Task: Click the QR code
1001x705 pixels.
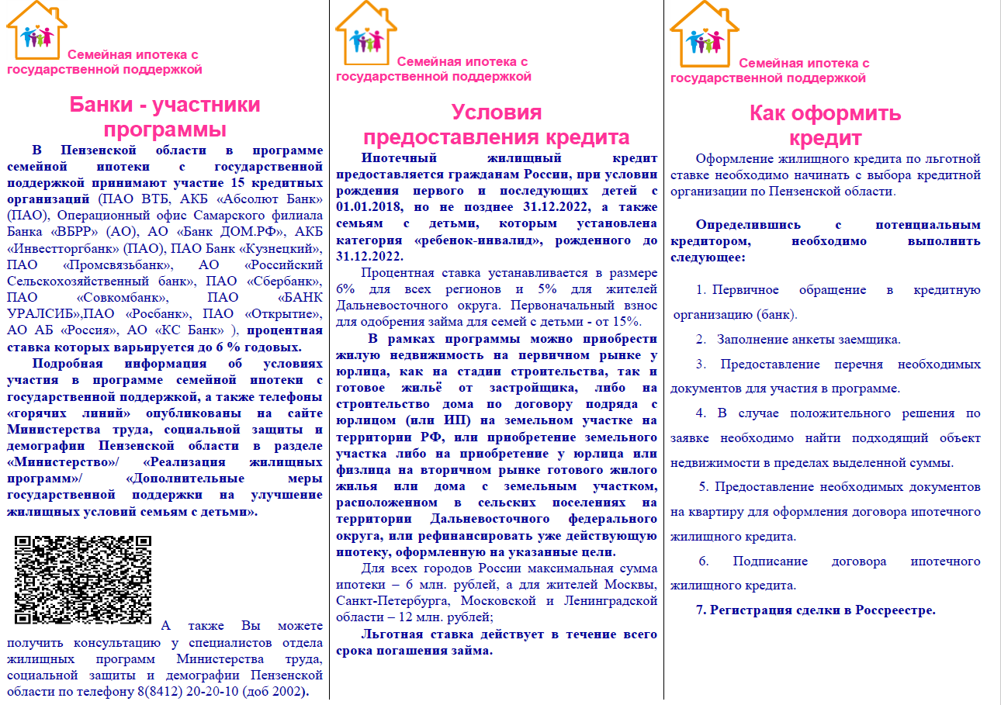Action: (82, 579)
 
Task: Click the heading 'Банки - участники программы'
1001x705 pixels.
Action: (165, 116)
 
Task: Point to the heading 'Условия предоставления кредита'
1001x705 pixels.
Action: (497, 125)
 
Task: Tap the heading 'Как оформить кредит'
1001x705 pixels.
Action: (826, 126)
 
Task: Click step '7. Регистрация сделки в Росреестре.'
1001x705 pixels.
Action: (816, 610)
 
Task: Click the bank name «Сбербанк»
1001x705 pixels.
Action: (279, 281)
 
